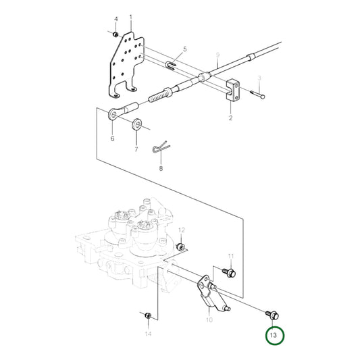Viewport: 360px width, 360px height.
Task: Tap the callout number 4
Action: pyautogui.click(x=115, y=19)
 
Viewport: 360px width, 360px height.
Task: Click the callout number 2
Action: pyautogui.click(x=230, y=118)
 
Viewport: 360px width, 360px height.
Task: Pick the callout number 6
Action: pyautogui.click(x=112, y=138)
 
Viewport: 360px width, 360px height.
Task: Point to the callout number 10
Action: pyautogui.click(x=209, y=319)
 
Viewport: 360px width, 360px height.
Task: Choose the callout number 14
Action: pyautogui.click(x=148, y=334)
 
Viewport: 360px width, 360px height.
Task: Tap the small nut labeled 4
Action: pyautogui.click(x=116, y=33)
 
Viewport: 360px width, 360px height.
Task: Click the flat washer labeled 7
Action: pyautogui.click(x=138, y=123)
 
